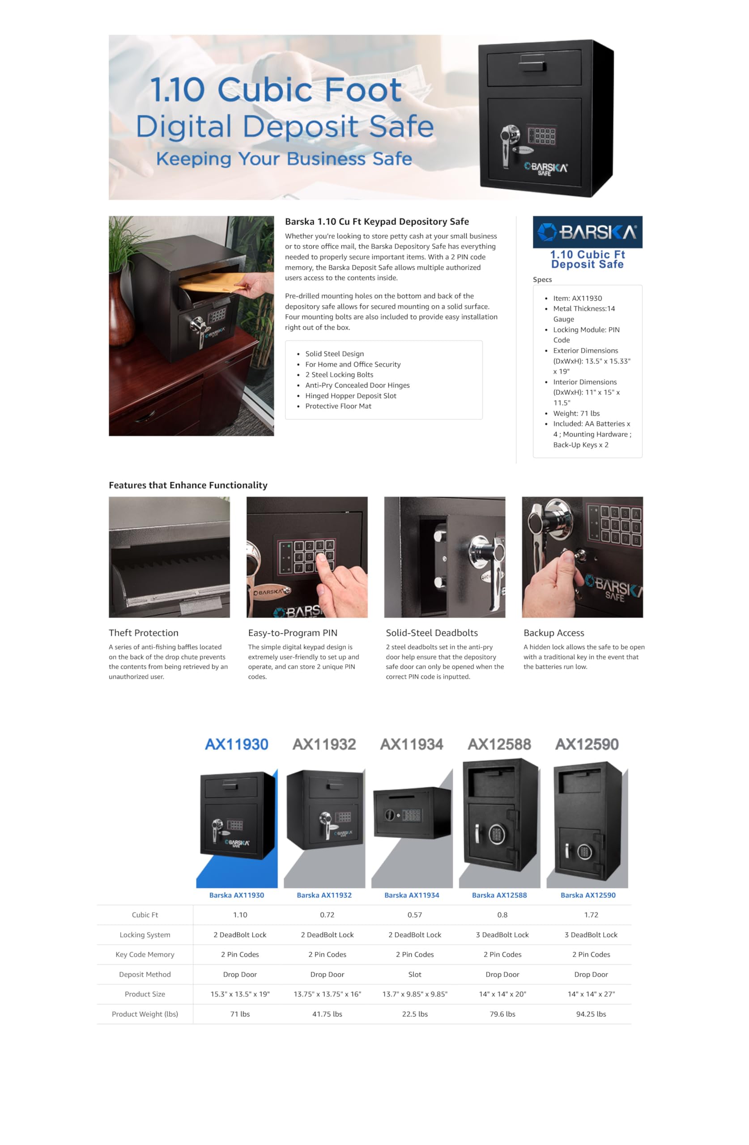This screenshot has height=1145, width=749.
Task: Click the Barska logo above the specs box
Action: click(x=587, y=232)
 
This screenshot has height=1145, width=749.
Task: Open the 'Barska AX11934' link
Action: click(x=412, y=895)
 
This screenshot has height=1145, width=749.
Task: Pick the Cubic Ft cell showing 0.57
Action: click(x=414, y=915)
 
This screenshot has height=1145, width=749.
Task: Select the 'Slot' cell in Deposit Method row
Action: click(x=414, y=974)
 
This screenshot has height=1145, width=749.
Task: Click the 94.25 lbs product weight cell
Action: click(x=591, y=1014)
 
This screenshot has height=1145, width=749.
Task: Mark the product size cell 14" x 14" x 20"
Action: click(x=502, y=994)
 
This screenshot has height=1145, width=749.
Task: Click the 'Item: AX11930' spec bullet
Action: click(x=577, y=298)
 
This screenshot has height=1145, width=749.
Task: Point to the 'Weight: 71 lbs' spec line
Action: click(x=576, y=413)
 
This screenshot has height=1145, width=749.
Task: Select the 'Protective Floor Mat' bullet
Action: click(x=338, y=406)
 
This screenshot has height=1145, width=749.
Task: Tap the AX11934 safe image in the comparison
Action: click(x=412, y=813)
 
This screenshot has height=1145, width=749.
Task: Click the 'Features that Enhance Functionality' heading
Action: click(x=188, y=485)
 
